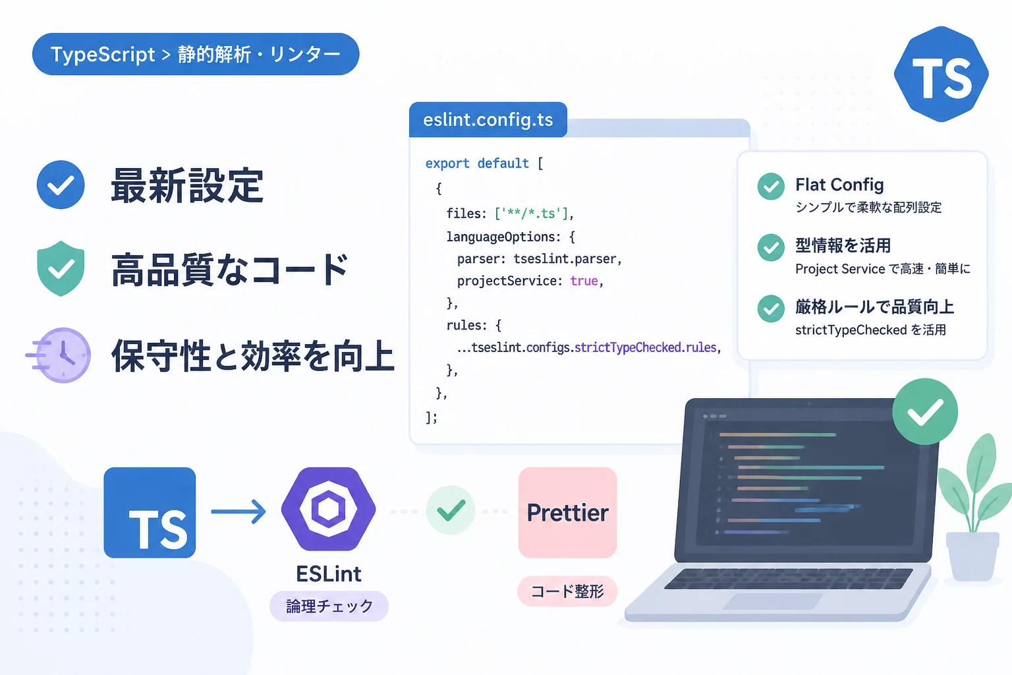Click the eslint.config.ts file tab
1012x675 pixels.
point(488,120)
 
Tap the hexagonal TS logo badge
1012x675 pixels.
point(941,74)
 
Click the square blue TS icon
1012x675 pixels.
point(150,512)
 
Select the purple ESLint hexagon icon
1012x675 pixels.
point(329,509)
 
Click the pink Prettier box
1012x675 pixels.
point(567,512)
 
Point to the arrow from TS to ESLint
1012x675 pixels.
point(239,512)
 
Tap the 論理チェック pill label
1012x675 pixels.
point(329,606)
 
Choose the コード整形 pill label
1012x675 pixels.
point(567,591)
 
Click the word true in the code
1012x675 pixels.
point(584,281)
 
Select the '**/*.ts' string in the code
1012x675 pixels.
point(531,214)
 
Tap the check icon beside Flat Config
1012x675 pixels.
point(771,187)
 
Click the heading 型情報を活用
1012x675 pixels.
point(843,245)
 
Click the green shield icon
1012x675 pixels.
point(61,268)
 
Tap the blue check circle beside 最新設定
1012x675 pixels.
point(61,185)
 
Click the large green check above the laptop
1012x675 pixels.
point(925,411)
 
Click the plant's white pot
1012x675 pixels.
point(972,556)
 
